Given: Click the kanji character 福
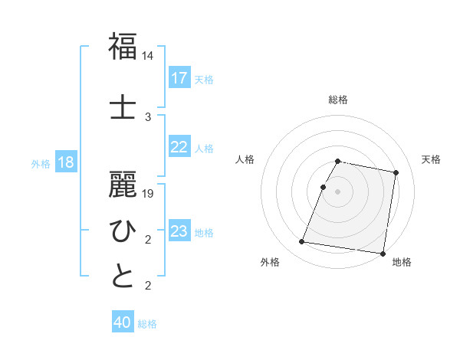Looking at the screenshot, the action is click(123, 47).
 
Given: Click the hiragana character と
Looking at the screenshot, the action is click(123, 277).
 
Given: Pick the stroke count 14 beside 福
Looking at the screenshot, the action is click(148, 57).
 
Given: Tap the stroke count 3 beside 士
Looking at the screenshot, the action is click(148, 116).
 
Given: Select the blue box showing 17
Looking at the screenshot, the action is click(179, 78).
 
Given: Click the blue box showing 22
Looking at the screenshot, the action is click(179, 147).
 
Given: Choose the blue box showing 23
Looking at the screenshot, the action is click(179, 231).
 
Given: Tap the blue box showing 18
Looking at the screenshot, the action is click(65, 162).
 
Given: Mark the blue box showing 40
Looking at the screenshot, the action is click(123, 322).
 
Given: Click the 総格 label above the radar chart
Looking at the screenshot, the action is click(338, 100).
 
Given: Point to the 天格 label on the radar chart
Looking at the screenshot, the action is click(431, 159).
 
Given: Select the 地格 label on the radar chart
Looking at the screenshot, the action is click(402, 262).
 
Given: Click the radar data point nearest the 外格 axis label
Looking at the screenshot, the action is click(302, 242).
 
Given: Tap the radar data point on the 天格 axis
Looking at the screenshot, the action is click(396, 173).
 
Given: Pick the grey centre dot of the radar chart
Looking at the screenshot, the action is click(338, 191).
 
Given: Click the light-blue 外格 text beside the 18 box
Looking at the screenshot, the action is click(41, 163).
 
